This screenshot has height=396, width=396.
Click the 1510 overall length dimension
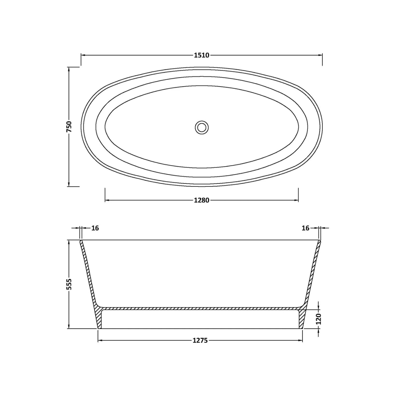201,55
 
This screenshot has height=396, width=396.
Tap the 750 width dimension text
69,127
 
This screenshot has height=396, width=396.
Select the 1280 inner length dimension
201,200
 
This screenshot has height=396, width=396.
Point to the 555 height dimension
69,284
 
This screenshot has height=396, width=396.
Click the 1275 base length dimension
200,341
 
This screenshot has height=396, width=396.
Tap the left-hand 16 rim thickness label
95,228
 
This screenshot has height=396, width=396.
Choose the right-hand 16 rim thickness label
305,228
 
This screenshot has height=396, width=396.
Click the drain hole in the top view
202,127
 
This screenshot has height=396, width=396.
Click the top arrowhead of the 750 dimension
69,69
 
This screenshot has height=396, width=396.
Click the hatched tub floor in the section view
201,308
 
